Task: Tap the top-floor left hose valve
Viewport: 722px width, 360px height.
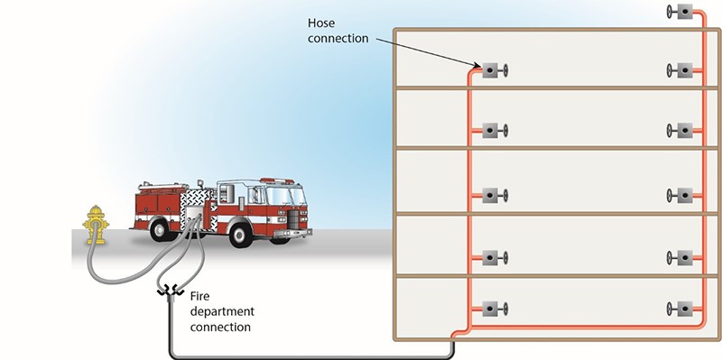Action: click(x=493, y=70)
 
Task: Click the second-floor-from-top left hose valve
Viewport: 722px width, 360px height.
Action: click(x=493, y=131)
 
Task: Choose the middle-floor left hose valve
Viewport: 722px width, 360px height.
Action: click(x=493, y=195)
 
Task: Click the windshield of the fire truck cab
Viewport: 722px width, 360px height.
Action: click(x=289, y=193)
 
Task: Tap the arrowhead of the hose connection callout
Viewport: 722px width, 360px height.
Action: click(x=475, y=67)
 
